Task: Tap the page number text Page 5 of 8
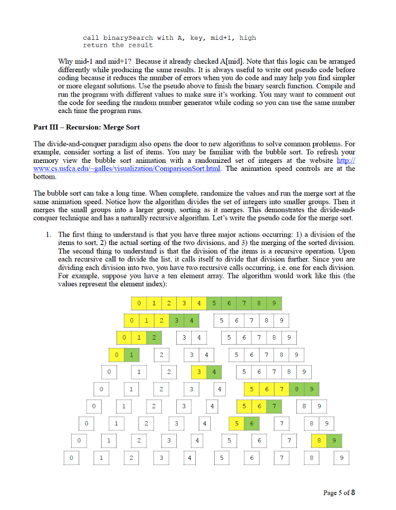339,493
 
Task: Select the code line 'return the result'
118,45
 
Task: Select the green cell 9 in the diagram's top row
274,303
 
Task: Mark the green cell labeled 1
132,355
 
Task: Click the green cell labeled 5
214,303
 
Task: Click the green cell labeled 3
176,320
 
